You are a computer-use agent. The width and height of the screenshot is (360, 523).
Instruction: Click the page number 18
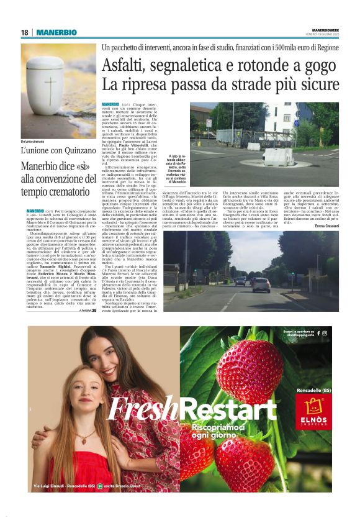coord(25,32)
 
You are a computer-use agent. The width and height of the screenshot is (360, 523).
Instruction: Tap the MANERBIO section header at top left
coord(56,32)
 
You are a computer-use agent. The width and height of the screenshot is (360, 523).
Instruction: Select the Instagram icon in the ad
coord(325,334)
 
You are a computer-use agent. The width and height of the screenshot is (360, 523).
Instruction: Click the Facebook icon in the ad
coord(318,334)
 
